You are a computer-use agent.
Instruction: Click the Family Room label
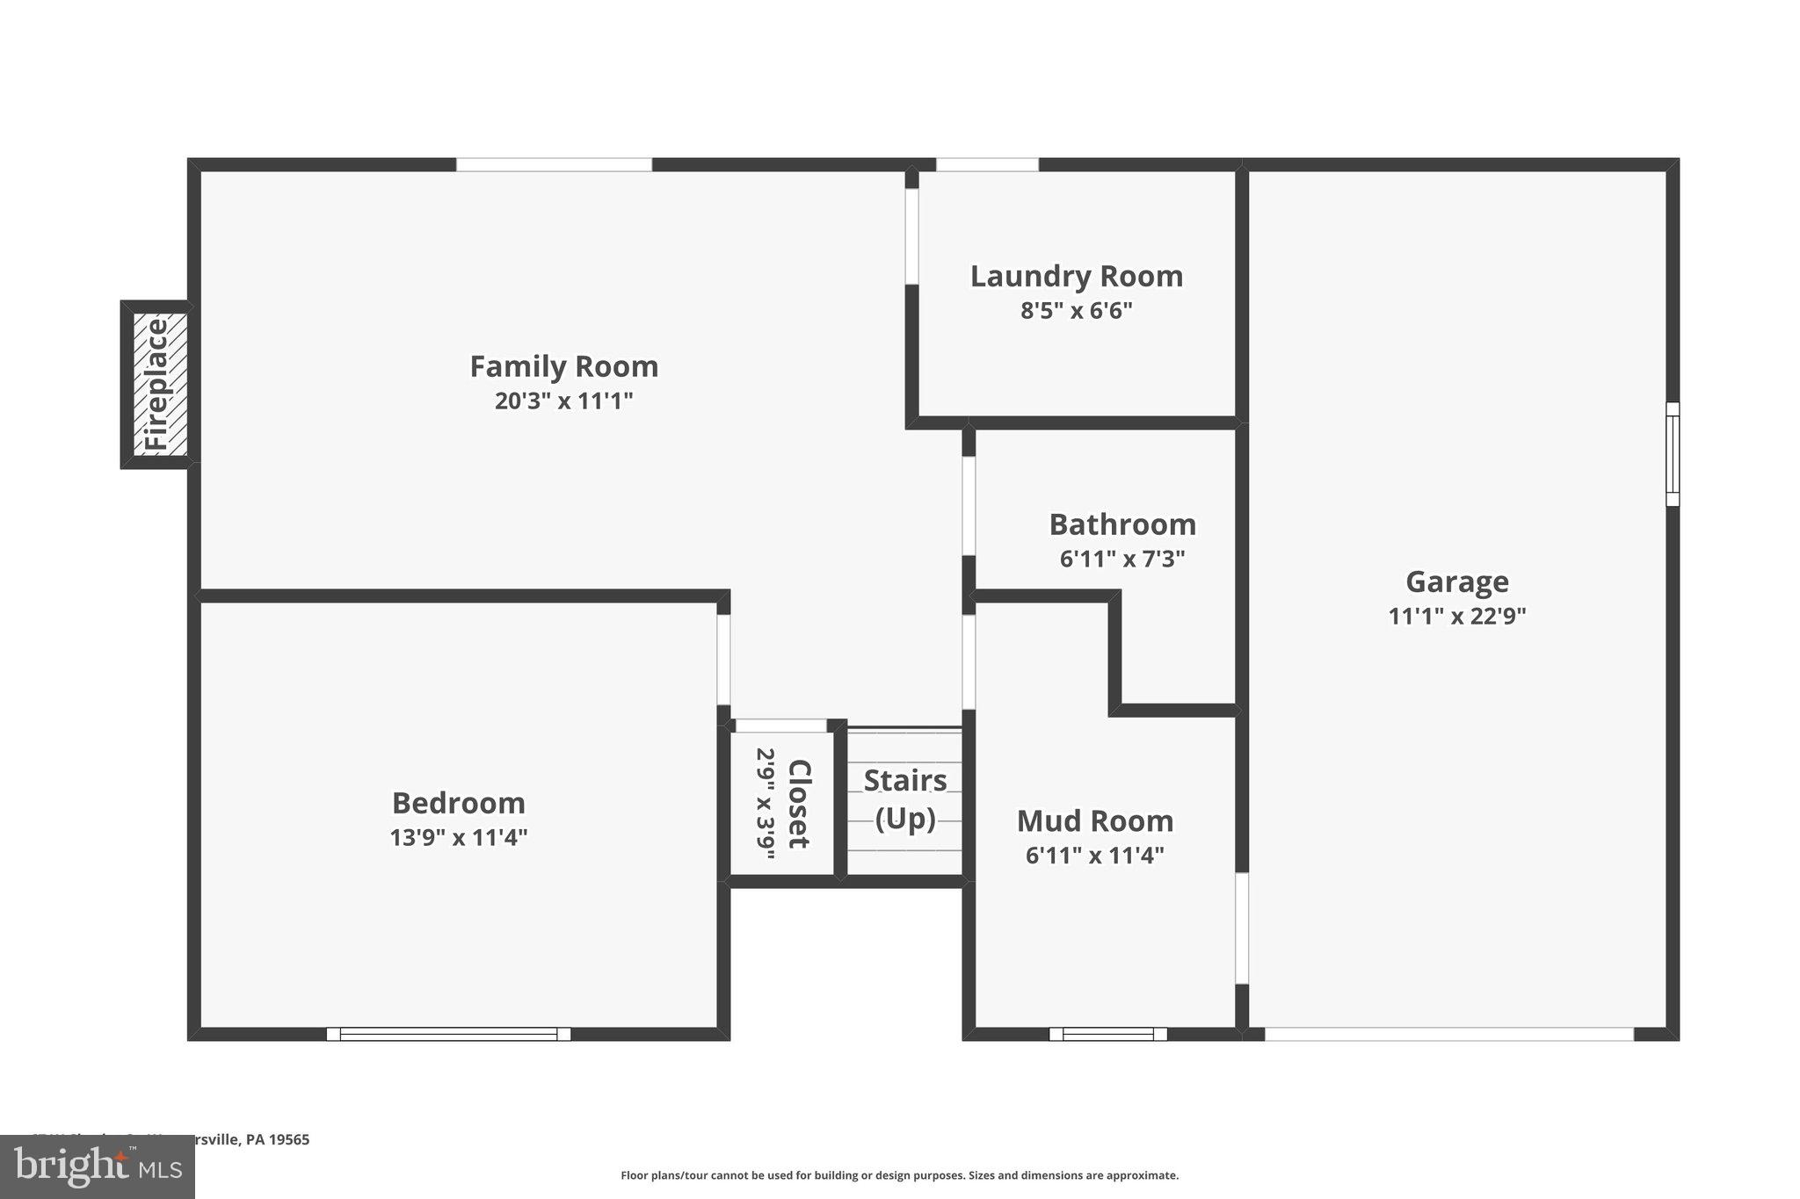pyautogui.click(x=563, y=366)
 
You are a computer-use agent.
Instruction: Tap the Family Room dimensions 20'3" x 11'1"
pyautogui.click(x=563, y=401)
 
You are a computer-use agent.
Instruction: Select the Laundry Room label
pyautogui.click(x=1076, y=276)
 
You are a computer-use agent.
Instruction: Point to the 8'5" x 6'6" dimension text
pyautogui.click(x=1076, y=311)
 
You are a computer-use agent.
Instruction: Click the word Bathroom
pyautogui.click(x=1122, y=524)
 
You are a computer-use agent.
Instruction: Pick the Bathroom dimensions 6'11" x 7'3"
pyautogui.click(x=1122, y=560)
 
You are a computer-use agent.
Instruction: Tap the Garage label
pyautogui.click(x=1456, y=581)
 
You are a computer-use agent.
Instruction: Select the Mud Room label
pyautogui.click(x=1095, y=820)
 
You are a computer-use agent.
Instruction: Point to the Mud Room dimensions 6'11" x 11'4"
pyautogui.click(x=1095, y=856)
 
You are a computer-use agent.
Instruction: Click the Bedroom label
pyautogui.click(x=458, y=803)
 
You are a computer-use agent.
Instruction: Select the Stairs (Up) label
pyautogui.click(x=905, y=799)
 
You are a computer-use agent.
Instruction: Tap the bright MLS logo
pyautogui.click(x=97, y=1166)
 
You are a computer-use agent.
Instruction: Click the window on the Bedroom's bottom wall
pyautogui.click(x=448, y=1034)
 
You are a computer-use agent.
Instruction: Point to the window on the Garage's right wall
pyautogui.click(x=1673, y=454)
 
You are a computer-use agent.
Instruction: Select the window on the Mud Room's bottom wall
pyautogui.click(x=1107, y=1034)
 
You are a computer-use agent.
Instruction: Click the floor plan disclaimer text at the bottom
pyautogui.click(x=899, y=1175)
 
